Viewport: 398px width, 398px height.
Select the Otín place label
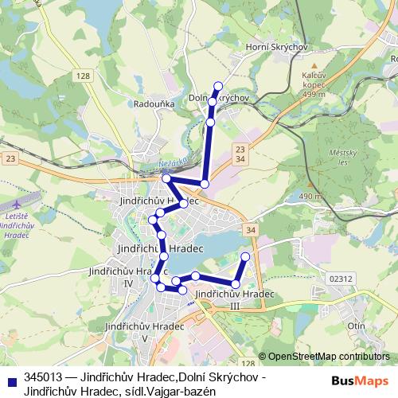coord(356,326)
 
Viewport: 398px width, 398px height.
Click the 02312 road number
coord(340,279)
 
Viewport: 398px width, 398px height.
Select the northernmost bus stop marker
coord(217,86)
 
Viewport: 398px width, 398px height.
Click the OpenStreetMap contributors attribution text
coord(328,356)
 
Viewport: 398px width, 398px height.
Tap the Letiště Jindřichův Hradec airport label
coord(17,226)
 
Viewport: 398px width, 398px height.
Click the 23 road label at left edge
coord(10,159)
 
